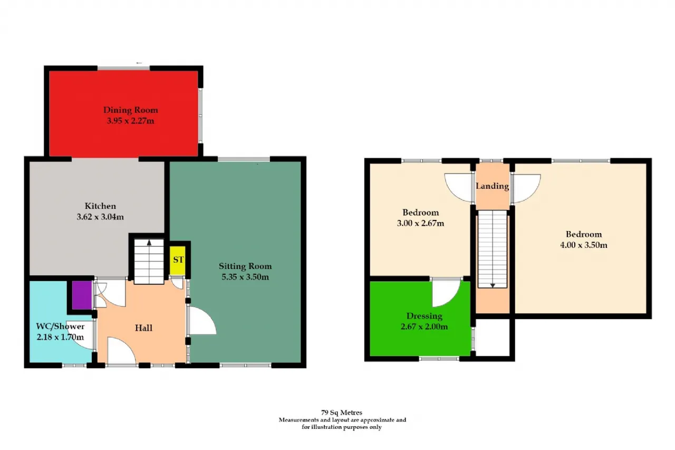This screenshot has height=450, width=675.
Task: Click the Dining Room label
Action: click(x=130, y=110)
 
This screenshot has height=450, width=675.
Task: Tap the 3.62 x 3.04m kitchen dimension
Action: click(x=100, y=217)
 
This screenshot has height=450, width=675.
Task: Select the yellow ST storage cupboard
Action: click(x=178, y=261)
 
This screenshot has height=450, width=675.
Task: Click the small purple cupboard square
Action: click(x=82, y=295)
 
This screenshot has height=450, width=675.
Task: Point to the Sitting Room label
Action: click(x=245, y=266)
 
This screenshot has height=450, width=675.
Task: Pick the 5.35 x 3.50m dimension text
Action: click(x=245, y=277)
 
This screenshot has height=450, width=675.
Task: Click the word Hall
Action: click(x=143, y=328)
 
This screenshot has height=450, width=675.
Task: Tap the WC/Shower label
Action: click(x=60, y=327)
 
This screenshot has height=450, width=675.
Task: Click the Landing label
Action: click(x=493, y=186)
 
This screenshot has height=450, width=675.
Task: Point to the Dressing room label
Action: click(x=425, y=317)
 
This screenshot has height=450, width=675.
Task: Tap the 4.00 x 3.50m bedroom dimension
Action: click(x=584, y=245)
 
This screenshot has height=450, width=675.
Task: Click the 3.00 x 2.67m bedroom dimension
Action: click(x=420, y=223)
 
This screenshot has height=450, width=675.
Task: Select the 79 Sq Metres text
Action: click(x=342, y=413)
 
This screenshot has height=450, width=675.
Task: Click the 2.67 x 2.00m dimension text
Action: click(x=424, y=327)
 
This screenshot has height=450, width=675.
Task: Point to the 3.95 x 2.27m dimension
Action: click(x=130, y=121)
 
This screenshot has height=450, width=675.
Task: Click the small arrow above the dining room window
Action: click(x=139, y=63)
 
